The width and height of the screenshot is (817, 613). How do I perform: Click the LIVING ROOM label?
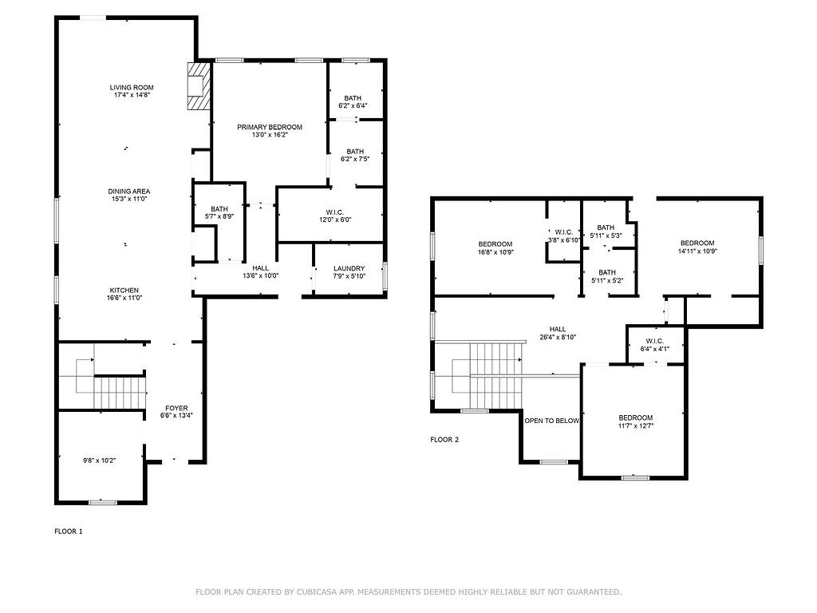[132, 88]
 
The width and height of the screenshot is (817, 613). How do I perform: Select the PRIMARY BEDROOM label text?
[270, 128]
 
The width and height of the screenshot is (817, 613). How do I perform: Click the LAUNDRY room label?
[349, 269]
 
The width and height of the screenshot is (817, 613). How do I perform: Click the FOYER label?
[176, 408]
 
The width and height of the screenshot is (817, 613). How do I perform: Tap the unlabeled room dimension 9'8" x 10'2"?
[101, 460]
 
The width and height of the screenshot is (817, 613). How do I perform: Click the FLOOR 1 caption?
[68, 531]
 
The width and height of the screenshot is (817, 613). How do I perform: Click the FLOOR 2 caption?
[444, 439]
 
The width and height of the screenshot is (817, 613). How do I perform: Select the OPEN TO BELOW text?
[551, 421]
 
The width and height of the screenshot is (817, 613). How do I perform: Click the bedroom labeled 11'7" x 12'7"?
[636, 418]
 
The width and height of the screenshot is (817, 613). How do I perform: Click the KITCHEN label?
[125, 290]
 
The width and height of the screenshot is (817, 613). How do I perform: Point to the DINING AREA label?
[129, 192]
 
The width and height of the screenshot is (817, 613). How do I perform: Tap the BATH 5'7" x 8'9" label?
[219, 209]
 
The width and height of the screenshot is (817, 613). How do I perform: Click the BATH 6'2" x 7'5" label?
[354, 152]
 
